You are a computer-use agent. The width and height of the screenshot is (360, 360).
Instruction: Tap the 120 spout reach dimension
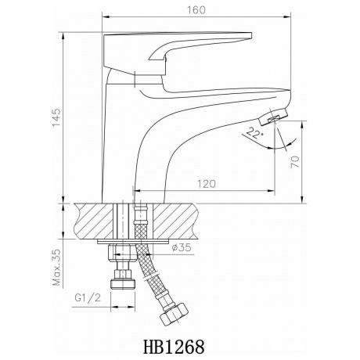(206, 184)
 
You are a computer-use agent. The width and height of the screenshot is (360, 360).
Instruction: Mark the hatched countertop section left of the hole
(92, 221)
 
